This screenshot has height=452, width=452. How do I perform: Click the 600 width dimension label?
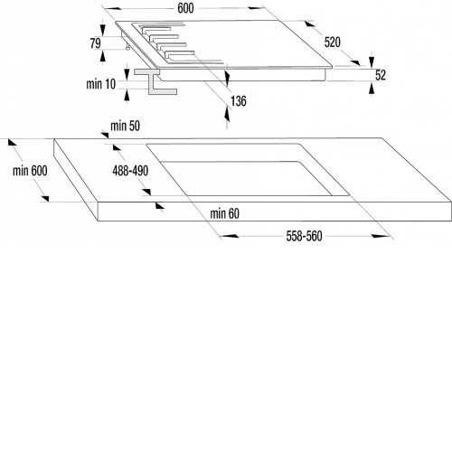[x=185, y=8]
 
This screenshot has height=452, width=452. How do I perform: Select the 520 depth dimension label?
[x=333, y=42]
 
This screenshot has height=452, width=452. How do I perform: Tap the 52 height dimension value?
[x=381, y=75]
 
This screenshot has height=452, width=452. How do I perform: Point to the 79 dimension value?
[x=96, y=43]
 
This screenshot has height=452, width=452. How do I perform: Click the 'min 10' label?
[x=101, y=84]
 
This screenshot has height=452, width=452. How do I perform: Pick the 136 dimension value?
[x=239, y=101]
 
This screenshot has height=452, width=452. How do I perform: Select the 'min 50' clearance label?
[x=125, y=126]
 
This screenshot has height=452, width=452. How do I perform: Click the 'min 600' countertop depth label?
[x=30, y=171]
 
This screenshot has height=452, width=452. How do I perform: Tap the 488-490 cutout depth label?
[x=130, y=171]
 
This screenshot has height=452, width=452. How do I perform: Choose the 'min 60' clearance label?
[x=225, y=213]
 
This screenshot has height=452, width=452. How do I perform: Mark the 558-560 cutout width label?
[x=304, y=236]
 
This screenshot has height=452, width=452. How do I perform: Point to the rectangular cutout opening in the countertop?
[x=248, y=170]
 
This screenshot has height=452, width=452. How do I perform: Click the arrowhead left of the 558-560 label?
[x=229, y=236]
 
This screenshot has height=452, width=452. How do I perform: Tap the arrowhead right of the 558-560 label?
[x=381, y=236]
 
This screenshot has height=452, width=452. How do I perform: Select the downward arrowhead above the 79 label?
[x=103, y=30]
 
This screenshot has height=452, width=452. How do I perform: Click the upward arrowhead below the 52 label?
[x=372, y=88]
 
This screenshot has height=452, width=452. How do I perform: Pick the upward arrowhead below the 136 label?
[x=227, y=115]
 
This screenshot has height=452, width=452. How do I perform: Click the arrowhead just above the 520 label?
[x=310, y=24]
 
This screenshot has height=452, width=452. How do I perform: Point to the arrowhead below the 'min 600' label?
[x=45, y=198]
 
